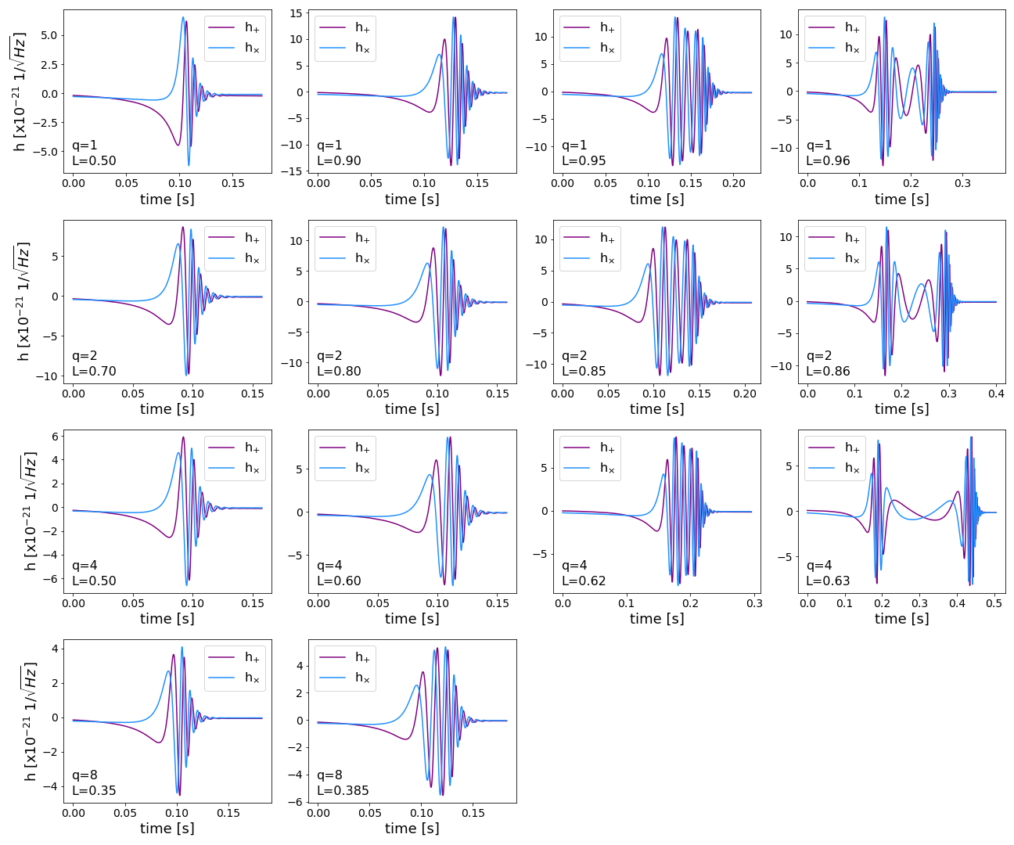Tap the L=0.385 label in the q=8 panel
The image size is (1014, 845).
pyautogui.click(x=343, y=790)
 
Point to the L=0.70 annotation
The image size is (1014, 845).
pyautogui.click(x=94, y=371)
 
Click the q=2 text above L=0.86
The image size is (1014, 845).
pyautogui.click(x=819, y=356)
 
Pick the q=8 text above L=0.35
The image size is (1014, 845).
pyautogui.click(x=85, y=775)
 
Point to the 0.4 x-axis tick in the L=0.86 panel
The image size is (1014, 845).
pyautogui.click(x=996, y=394)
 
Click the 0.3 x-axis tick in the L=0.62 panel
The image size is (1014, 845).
pyautogui.click(x=754, y=603)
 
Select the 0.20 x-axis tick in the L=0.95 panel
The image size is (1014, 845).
pyautogui.click(x=734, y=183)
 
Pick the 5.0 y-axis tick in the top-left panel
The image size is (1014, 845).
pyautogui.click(x=49, y=35)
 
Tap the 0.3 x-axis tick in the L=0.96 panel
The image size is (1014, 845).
pyautogui.click(x=962, y=183)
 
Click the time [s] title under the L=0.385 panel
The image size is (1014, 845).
pyautogui.click(x=412, y=828)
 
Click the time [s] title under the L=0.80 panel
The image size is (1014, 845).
pyautogui.click(x=412, y=408)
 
